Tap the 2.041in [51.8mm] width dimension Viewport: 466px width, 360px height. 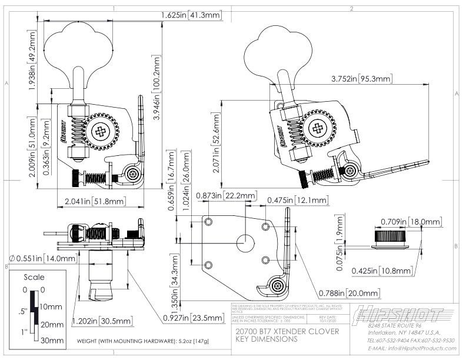coord(94,202)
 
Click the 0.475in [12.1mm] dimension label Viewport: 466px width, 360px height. coord(297,200)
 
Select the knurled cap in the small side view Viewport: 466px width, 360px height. coord(391,237)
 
